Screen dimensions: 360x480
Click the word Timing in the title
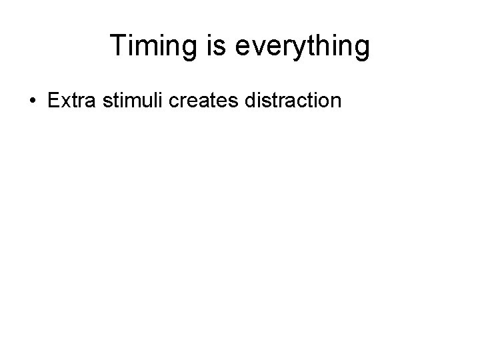146,46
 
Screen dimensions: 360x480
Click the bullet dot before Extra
32,102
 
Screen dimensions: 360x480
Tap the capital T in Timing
118,45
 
